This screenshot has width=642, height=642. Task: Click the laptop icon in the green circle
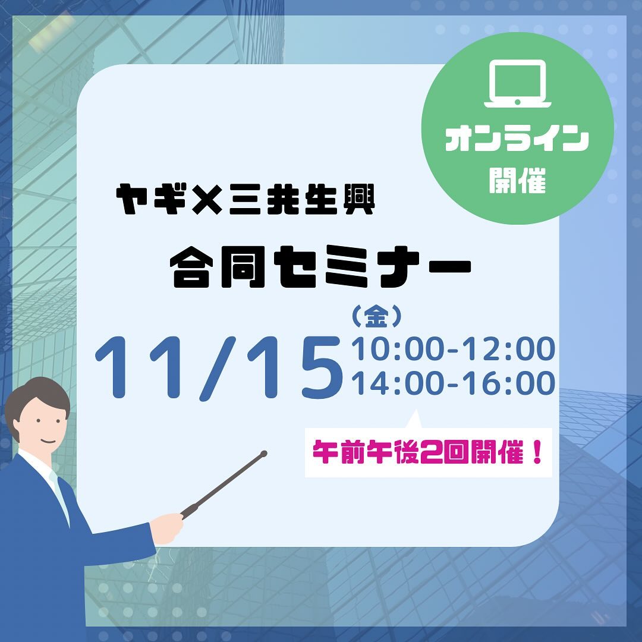(518, 84)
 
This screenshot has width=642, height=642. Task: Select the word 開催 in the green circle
(518, 180)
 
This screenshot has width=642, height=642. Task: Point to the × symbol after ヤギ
(207, 199)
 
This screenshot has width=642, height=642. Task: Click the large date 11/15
(219, 367)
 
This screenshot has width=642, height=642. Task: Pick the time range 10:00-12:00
(453, 349)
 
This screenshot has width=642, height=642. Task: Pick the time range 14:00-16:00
(453, 383)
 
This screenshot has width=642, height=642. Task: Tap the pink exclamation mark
(537, 452)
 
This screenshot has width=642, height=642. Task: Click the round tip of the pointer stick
(264, 454)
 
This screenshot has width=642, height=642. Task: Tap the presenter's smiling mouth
(48, 441)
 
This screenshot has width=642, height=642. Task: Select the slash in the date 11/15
(218, 367)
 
